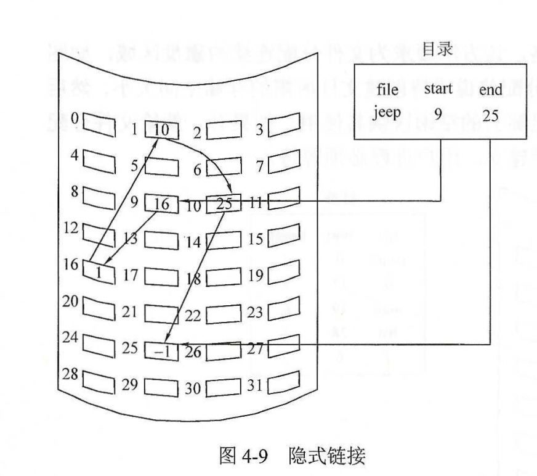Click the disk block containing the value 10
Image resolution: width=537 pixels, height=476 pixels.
point(161,131)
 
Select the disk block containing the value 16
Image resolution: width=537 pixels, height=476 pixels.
point(161,203)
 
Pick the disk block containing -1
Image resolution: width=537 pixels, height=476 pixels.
point(161,350)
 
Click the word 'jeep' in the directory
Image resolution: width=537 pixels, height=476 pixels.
point(388,114)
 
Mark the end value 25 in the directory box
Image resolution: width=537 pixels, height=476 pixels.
point(490,115)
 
